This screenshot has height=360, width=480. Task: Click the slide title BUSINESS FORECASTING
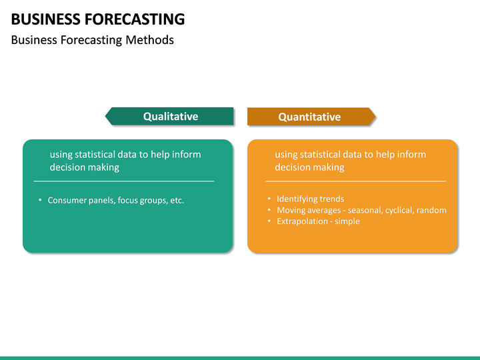point(98,19)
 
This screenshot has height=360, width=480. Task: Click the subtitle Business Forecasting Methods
point(93,40)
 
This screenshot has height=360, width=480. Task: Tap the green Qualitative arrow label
point(170,117)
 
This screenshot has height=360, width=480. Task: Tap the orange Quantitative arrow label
point(309,117)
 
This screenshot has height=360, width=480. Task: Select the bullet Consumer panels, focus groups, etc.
point(115,200)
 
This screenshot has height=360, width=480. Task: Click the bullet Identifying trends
point(310,199)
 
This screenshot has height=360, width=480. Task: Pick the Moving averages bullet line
point(361,210)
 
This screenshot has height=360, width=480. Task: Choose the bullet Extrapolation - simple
point(318,221)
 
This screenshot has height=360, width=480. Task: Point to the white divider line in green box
point(124,181)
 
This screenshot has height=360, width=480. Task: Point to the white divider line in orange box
point(355,181)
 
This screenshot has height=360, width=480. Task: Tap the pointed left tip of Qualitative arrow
point(107,117)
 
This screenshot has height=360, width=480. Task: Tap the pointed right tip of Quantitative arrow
point(374,117)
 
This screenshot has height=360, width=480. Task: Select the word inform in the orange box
point(411,155)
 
